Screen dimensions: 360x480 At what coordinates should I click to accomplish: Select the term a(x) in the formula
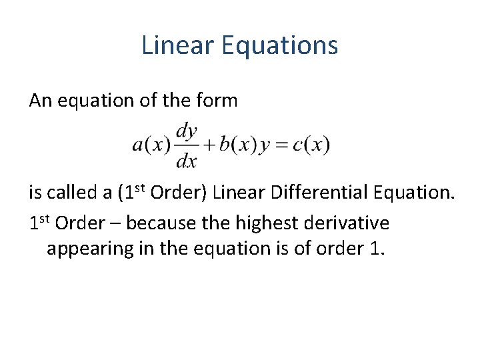[151, 145]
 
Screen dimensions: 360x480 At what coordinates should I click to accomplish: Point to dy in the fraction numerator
[187, 131]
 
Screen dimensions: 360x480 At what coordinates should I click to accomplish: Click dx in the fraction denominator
[187, 161]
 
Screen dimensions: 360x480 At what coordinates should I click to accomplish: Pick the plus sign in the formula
[209, 145]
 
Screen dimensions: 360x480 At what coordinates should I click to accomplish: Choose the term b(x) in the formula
[237, 145]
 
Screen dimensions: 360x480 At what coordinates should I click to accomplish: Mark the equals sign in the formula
[281, 145]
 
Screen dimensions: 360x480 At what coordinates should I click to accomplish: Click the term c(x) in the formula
[311, 145]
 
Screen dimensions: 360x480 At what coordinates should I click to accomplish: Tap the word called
[73, 193]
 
